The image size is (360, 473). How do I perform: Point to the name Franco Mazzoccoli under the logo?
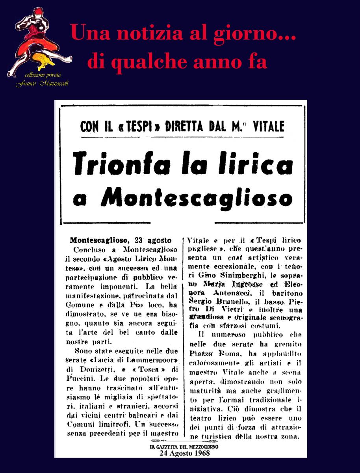[x=42, y=84]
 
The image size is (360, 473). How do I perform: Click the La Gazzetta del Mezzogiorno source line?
[x=184, y=447]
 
